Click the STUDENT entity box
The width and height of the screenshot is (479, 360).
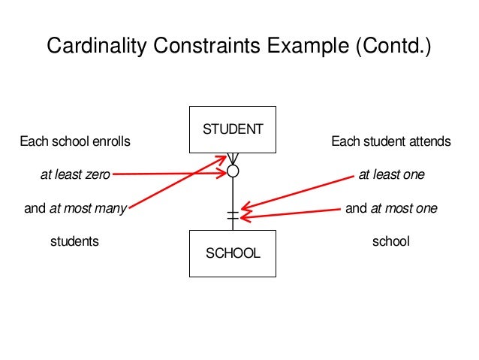tap(233, 129)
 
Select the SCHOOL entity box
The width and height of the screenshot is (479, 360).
tap(233, 253)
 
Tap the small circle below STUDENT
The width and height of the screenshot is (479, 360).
tap(233, 171)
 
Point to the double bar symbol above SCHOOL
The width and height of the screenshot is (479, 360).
tap(233, 216)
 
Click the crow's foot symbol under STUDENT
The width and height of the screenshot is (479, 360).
tap(233, 159)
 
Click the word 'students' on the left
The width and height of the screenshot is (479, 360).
tap(74, 242)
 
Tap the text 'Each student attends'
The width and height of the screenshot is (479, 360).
tap(391, 141)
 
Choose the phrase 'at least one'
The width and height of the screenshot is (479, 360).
tap(391, 175)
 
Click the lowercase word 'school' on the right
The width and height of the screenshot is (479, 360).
tap(391, 242)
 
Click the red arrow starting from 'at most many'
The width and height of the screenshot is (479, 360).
tap(177, 181)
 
